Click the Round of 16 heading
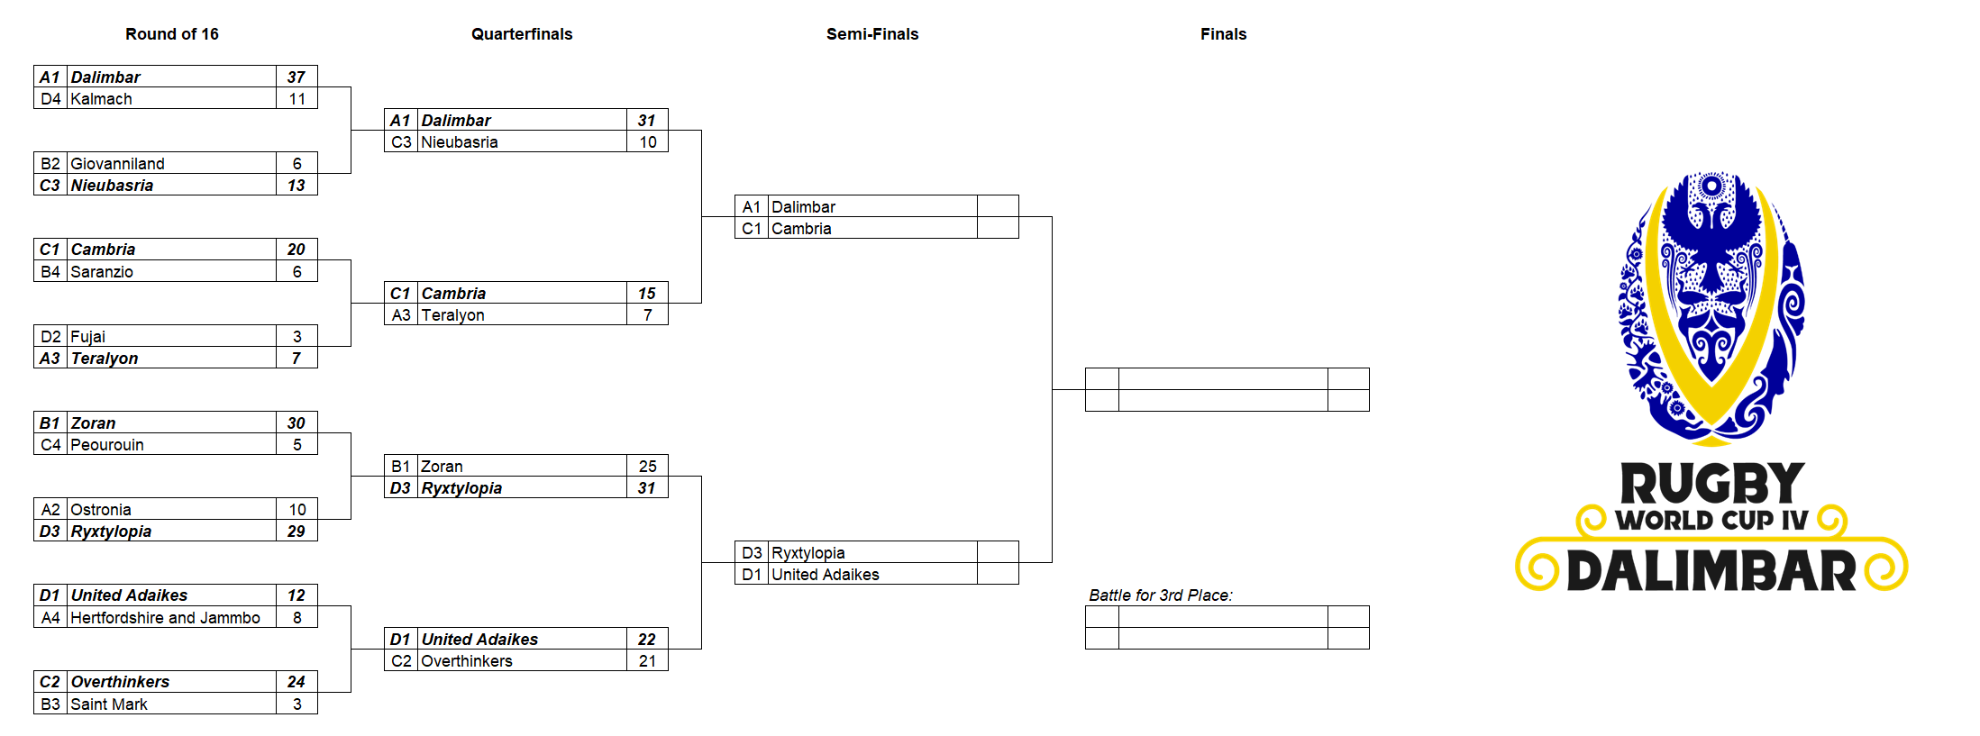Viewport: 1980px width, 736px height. [x=171, y=34]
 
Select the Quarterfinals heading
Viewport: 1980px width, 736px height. [x=522, y=34]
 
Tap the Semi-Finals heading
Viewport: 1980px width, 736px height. [x=872, y=34]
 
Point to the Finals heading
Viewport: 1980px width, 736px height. [x=1223, y=34]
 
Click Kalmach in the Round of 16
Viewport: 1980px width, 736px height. [x=102, y=99]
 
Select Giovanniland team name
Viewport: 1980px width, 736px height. [x=118, y=164]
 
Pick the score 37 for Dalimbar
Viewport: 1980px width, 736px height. [x=297, y=77]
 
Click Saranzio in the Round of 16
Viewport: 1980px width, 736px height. [x=102, y=272]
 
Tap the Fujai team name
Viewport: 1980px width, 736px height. [x=88, y=337]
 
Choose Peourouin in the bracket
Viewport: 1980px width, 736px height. [x=107, y=445]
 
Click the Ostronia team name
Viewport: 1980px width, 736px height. [x=101, y=510]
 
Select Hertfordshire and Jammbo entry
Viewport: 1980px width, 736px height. [x=166, y=618]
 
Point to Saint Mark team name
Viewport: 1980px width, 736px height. [x=109, y=704]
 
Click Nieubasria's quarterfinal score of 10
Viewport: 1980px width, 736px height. [x=648, y=142]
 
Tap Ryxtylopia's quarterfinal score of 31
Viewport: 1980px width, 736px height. [x=647, y=488]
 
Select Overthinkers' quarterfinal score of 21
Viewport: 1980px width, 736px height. [x=647, y=661]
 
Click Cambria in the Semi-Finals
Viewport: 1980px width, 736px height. [x=801, y=229]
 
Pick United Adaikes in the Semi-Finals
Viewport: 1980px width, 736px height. [x=826, y=575]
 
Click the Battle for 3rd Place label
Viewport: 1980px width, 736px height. [x=1161, y=595]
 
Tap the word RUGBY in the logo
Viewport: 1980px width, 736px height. [x=1712, y=484]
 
